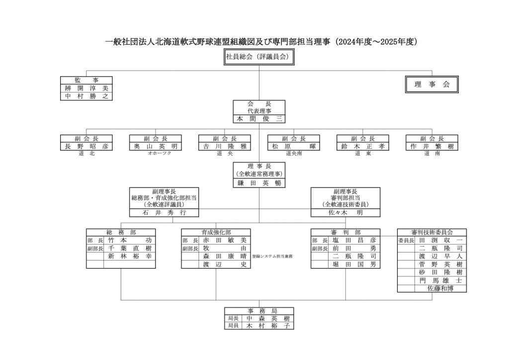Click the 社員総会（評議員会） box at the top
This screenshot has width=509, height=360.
pyautogui.click(x=258, y=58)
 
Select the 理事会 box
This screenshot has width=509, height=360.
pyautogui.click(x=431, y=85)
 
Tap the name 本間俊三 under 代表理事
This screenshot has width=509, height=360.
pyautogui.click(x=258, y=119)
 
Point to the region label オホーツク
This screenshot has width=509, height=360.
pyautogui.click(x=155, y=154)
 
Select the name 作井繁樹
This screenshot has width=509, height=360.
pyautogui.click(x=431, y=146)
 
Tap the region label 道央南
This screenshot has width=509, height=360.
pyautogui.click(x=293, y=154)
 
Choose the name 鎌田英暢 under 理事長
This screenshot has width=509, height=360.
pyautogui.click(x=258, y=183)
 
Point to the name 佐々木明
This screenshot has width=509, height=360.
pyautogui.click(x=345, y=212)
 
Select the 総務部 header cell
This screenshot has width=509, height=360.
pyautogui.click(x=121, y=232)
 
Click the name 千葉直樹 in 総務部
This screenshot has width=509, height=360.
pyautogui.click(x=129, y=248)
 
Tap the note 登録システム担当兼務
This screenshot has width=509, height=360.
pyautogui.click(x=272, y=256)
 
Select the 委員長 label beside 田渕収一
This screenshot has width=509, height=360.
pyautogui.click(x=406, y=240)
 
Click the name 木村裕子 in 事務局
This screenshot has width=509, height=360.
pyautogui.click(x=267, y=326)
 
